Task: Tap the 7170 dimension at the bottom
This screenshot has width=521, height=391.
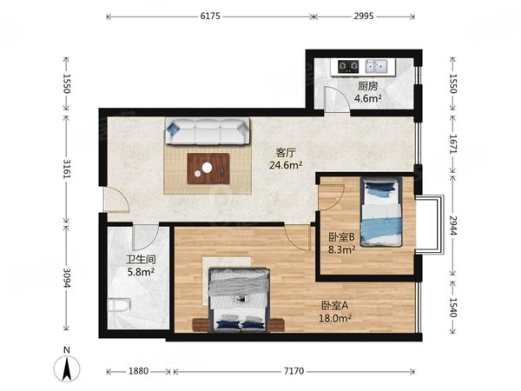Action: pyautogui.click(x=294, y=372)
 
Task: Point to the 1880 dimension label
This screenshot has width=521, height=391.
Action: pyautogui.click(x=139, y=372)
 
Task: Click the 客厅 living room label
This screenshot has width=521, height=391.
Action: pyautogui.click(x=288, y=150)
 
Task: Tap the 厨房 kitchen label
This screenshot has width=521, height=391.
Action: pyautogui.click(x=367, y=86)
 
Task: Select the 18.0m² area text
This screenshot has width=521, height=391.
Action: pyautogui.click(x=337, y=317)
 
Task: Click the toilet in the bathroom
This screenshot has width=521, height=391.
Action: pyautogui.click(x=119, y=307)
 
